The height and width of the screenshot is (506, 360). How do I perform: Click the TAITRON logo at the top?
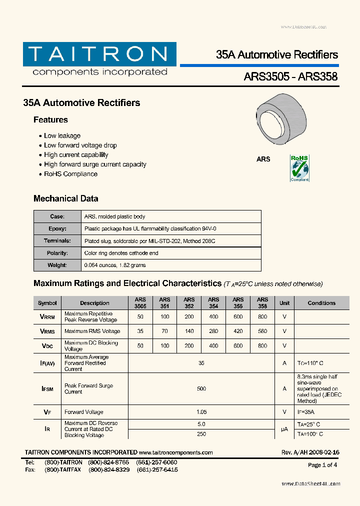(99, 59)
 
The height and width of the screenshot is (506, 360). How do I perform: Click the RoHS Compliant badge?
(299, 168)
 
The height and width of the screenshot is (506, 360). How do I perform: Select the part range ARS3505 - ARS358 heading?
(290, 76)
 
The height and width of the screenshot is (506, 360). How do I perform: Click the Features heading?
(50, 120)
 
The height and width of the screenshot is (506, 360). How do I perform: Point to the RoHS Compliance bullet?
(70, 174)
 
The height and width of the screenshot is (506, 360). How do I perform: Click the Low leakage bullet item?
(62, 136)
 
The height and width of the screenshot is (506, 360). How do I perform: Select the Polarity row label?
(57, 253)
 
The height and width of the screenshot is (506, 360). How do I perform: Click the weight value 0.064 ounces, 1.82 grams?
(115, 265)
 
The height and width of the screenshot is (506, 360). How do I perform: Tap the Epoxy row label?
(57, 228)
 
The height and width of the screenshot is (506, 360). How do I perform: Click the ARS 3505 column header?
(140, 303)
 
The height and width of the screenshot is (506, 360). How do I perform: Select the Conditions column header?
(321, 303)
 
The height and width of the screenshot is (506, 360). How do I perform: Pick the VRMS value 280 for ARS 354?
(213, 331)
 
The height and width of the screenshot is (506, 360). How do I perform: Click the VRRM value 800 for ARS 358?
(262, 317)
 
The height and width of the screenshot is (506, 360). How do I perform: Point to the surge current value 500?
(201, 388)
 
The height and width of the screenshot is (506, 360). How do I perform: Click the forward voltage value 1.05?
(201, 412)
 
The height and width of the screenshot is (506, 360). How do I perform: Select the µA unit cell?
(284, 429)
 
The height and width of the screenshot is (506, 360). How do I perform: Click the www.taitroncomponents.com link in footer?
(176, 452)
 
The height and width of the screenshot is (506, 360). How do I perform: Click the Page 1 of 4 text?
(322, 465)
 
